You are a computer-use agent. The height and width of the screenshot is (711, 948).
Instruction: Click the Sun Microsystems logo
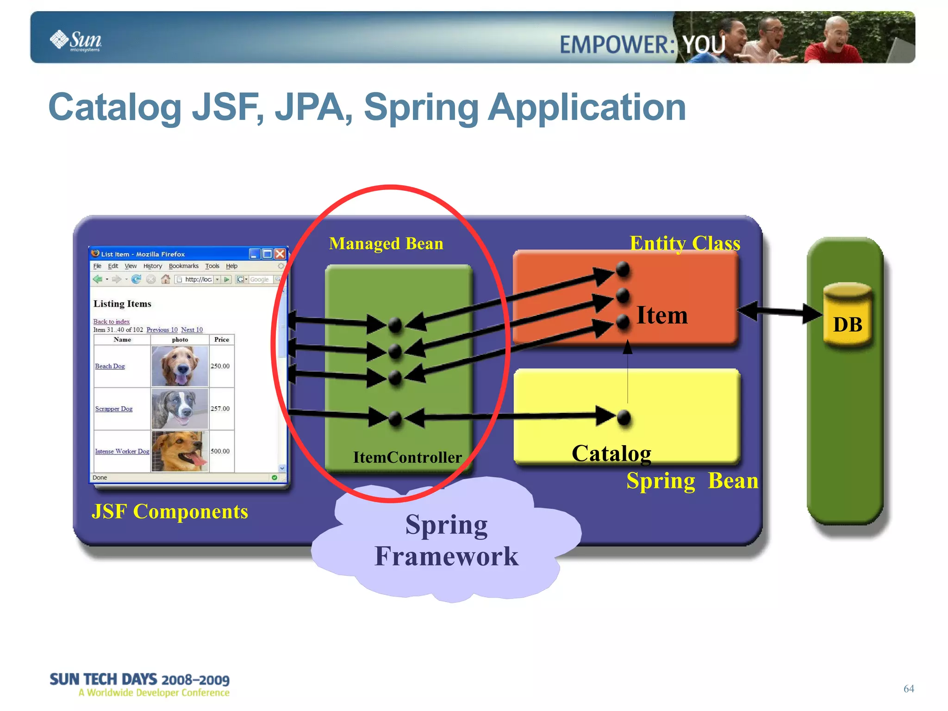(76, 41)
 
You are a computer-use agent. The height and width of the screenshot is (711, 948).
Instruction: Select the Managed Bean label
(386, 244)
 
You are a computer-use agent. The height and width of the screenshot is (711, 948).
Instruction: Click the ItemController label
(407, 457)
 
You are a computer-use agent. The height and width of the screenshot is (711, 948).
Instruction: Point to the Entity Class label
(685, 243)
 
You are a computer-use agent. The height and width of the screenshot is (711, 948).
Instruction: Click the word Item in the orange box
(662, 315)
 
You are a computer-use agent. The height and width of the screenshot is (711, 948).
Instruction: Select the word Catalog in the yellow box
(611, 453)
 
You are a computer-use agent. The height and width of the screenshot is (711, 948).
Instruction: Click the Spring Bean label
(692, 480)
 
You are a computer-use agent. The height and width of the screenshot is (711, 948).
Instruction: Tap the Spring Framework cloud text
(446, 540)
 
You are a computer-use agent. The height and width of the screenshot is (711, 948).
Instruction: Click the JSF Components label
(169, 511)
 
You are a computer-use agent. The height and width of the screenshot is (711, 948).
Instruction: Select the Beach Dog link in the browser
(110, 366)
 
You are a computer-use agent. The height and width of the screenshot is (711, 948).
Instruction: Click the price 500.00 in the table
(220, 451)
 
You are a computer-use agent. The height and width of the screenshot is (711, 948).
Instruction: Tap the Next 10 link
(192, 330)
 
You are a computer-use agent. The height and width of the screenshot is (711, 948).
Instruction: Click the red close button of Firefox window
(280, 254)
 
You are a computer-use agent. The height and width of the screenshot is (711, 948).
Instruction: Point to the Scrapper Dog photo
(180, 409)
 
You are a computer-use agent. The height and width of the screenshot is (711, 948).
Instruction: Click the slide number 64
(908, 688)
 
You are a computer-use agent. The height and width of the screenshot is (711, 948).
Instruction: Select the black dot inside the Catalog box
(624, 418)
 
